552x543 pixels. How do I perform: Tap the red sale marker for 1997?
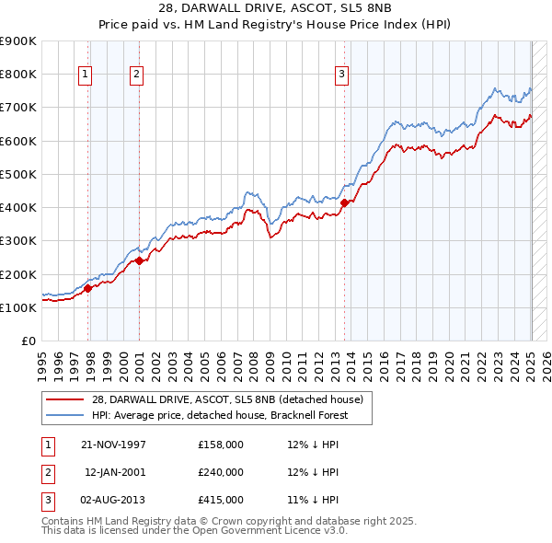click(88, 288)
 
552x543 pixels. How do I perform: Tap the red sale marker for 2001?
click(139, 260)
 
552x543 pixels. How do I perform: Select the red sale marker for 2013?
click(344, 202)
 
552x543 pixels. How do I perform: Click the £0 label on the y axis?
click(29, 341)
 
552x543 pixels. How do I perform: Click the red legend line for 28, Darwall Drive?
click(64, 399)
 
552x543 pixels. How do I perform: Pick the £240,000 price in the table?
click(220, 472)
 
